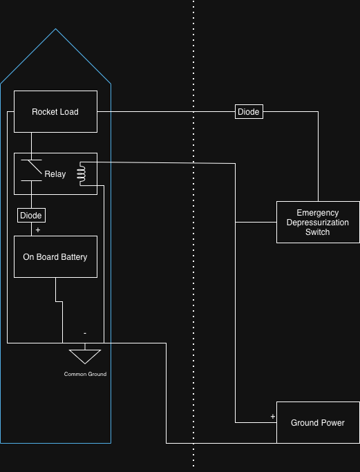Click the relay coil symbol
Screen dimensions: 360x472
point(82,173)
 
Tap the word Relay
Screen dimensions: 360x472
point(55,174)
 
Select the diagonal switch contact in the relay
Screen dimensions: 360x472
point(35,167)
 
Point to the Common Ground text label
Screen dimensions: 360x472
point(85,374)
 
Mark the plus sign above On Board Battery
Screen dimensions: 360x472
point(37,229)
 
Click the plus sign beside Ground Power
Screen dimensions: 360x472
point(273,416)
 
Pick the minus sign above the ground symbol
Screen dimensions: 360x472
point(85,333)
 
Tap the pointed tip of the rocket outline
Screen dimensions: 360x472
point(55,29)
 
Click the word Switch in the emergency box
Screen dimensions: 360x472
point(318,232)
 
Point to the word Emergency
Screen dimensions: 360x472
point(318,213)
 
